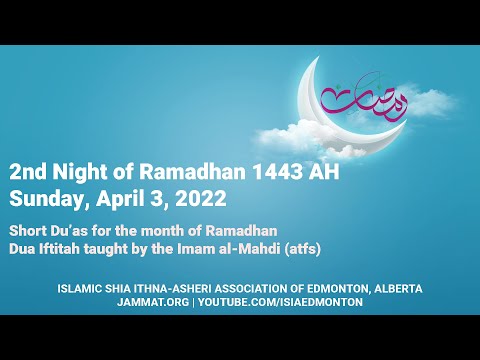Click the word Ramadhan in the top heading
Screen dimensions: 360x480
pyautogui.click(x=213, y=171)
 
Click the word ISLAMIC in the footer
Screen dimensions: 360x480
pyautogui.click(x=81, y=288)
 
